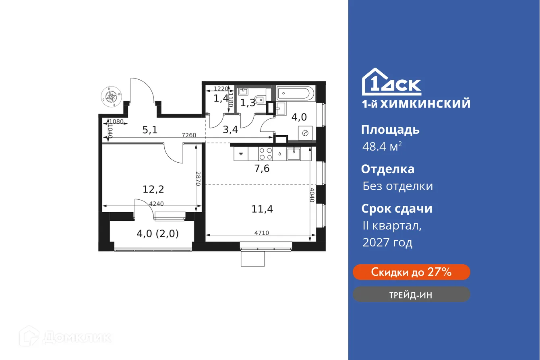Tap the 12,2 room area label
(x=153, y=188)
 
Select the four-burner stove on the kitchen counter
(x=265, y=153)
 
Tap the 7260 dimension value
(x=189, y=135)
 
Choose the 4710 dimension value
(x=262, y=233)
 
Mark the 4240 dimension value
(x=156, y=204)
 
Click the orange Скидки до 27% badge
(x=411, y=272)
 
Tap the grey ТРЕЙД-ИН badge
(x=411, y=294)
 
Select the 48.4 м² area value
(x=381, y=146)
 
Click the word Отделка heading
(x=387, y=169)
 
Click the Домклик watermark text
(x=77, y=337)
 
